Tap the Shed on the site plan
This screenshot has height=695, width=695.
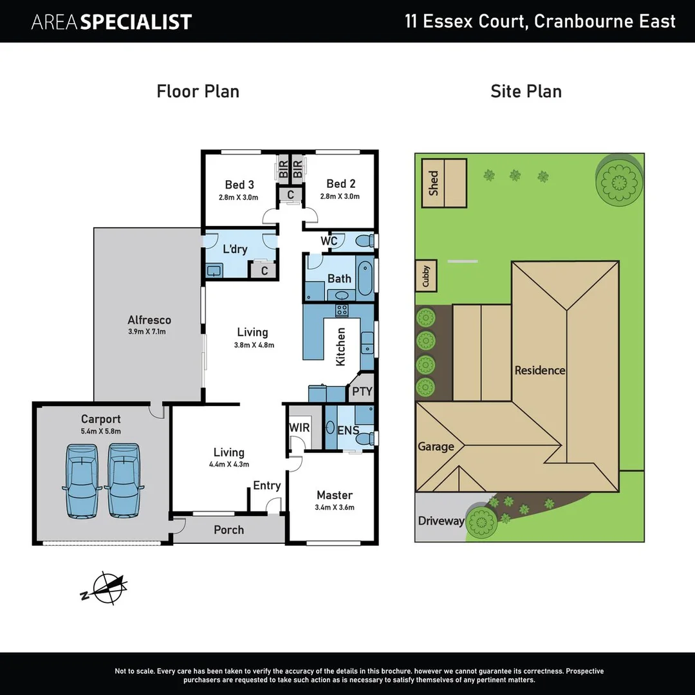pyautogui.click(x=445, y=183)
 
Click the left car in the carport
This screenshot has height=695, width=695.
pyautogui.click(x=82, y=480)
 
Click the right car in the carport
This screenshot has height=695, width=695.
pyautogui.click(x=123, y=480)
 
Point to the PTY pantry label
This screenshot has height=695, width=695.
pyautogui.click(x=362, y=391)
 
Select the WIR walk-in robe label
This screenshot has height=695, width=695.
pyautogui.click(x=299, y=427)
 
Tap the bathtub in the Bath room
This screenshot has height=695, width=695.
pyautogui.click(x=364, y=277)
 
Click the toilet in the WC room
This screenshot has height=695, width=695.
pyautogui.click(x=364, y=242)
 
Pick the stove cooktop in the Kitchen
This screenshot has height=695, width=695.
pyautogui.click(x=342, y=310)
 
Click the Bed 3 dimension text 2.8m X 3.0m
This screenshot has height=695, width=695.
pyautogui.click(x=239, y=198)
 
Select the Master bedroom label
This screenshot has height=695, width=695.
pyautogui.click(x=335, y=495)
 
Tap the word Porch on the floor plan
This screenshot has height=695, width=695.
pyautogui.click(x=228, y=530)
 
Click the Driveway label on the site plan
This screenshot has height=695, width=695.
pyautogui.click(x=441, y=521)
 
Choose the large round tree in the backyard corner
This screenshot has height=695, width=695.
pyautogui.click(x=618, y=180)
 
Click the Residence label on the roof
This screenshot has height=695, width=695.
pyautogui.click(x=539, y=370)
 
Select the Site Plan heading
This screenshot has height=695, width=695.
pyautogui.click(x=526, y=91)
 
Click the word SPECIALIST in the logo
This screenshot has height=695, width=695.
pyautogui.click(x=136, y=23)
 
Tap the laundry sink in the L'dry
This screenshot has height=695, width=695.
pyautogui.click(x=214, y=270)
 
